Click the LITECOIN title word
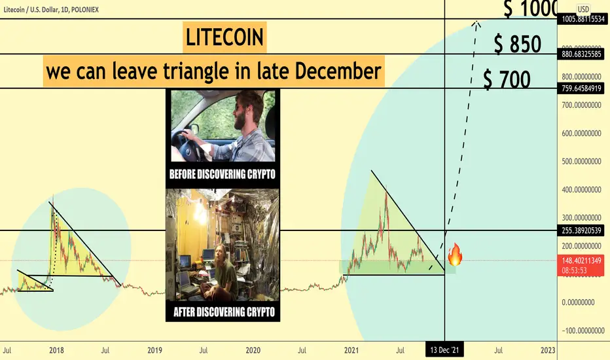coord(224,37)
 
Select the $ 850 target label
coord(518,44)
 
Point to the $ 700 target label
coord(507,79)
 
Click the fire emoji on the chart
coord(455,255)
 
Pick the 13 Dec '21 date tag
coord(444,350)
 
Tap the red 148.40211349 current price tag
coord(581,264)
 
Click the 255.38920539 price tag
coord(581,230)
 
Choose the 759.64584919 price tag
coord(581,88)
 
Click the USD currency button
coord(583,9)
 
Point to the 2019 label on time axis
coord(154,350)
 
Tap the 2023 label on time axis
coord(548,350)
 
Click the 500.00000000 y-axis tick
coord(581,161)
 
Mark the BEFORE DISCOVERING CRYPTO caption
coord(222,174)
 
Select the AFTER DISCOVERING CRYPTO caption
coord(224,312)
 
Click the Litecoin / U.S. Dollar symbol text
coord(31,10)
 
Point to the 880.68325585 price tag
coord(581,54)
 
